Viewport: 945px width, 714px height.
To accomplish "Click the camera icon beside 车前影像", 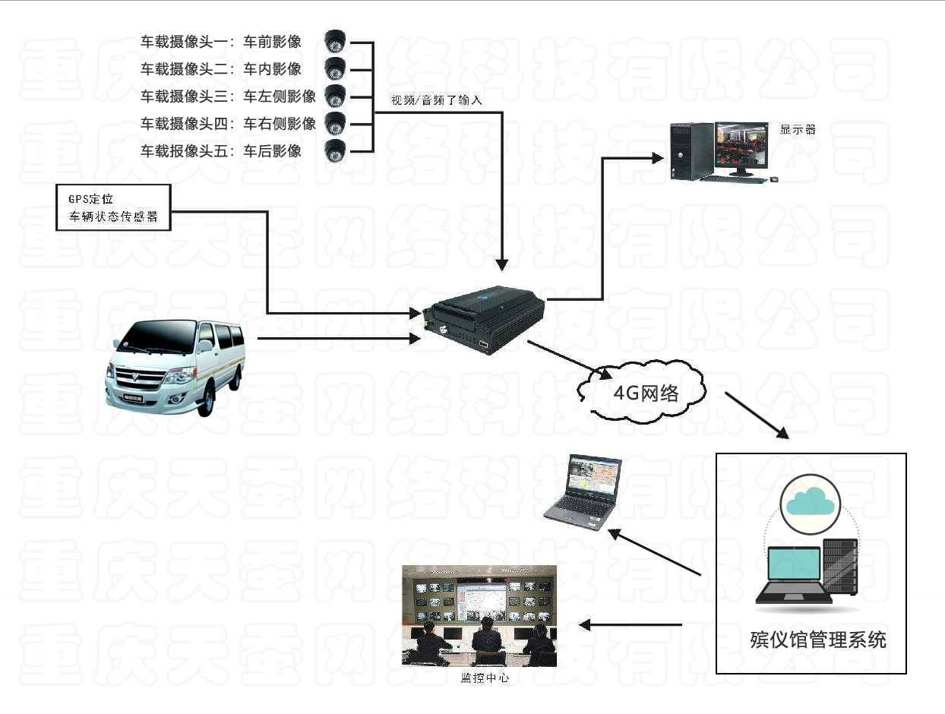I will (335, 41).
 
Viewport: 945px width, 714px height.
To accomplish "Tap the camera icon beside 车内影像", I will (335, 68).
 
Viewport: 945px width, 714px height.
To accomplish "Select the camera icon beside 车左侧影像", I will (335, 96).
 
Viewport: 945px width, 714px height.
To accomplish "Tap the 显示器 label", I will (798, 129).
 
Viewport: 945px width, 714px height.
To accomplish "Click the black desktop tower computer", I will (689, 151).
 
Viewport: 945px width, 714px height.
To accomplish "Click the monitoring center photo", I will (479, 616).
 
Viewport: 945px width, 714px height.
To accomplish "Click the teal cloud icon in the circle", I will (810, 502).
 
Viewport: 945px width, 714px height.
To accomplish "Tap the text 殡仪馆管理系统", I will (817, 640).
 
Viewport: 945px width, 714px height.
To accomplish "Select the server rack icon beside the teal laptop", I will (840, 567).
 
